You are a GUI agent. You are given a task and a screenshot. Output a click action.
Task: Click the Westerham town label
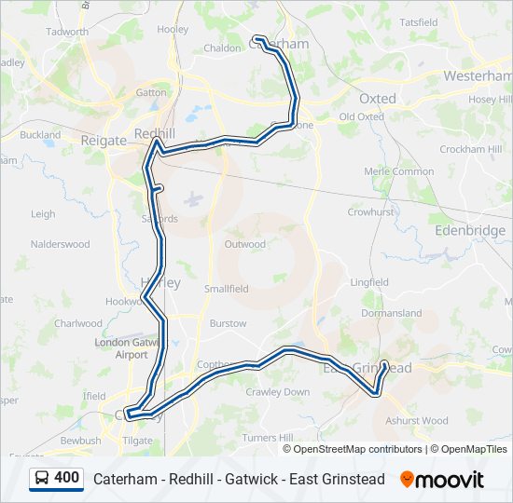pos(477,75)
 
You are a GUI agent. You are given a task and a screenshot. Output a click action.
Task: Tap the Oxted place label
pos(377,98)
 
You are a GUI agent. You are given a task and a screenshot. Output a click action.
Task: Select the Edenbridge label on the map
pos(470,230)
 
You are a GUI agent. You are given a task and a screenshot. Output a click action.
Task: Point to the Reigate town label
pos(104,141)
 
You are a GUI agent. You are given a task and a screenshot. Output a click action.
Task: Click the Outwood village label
pos(244,244)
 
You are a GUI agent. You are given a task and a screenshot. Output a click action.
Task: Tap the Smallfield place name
pos(227,289)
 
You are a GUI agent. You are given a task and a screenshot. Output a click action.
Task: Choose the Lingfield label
pos(369,281)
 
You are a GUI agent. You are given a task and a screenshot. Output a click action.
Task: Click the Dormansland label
pos(392,314)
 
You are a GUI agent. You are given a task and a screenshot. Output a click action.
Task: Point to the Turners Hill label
pos(267,438)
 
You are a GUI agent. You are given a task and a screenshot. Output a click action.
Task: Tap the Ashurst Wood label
pos(416,421)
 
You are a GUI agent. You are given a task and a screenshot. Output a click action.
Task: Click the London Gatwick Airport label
pos(121,348)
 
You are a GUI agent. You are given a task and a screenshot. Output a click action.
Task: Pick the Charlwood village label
pos(77,324)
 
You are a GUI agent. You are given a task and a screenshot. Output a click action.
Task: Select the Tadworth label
pos(66,31)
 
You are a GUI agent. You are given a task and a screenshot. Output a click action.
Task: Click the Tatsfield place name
pos(418,21)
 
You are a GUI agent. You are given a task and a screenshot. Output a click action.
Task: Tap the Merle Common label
pos(399,171)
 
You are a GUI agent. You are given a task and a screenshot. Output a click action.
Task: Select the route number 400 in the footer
pos(66,478)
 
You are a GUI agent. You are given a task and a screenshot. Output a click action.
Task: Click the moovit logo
pos(442,480)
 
